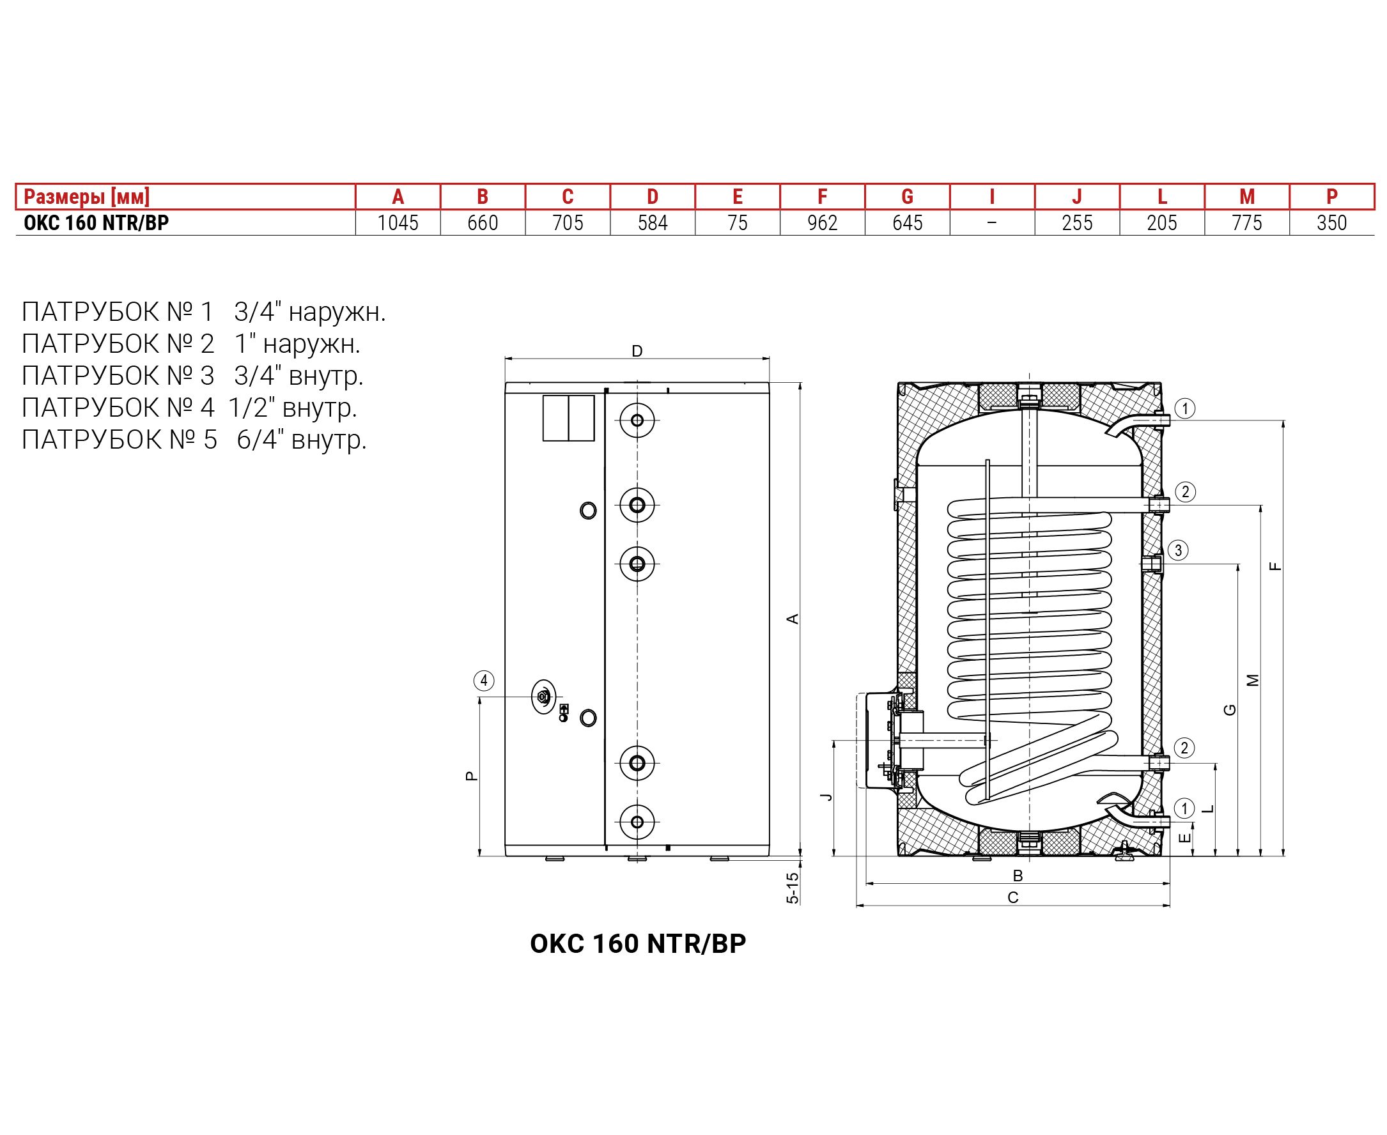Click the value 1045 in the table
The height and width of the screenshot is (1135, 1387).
(x=398, y=223)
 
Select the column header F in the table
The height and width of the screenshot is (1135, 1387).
(x=822, y=197)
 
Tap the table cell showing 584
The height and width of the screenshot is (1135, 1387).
(x=653, y=223)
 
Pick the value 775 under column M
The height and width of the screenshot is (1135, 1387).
(x=1246, y=223)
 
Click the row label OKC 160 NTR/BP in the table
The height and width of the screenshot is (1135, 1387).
(x=96, y=223)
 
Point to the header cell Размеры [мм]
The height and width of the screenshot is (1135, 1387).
(x=86, y=197)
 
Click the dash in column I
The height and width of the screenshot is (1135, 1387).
(x=992, y=223)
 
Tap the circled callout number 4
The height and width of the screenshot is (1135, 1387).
(x=483, y=681)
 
